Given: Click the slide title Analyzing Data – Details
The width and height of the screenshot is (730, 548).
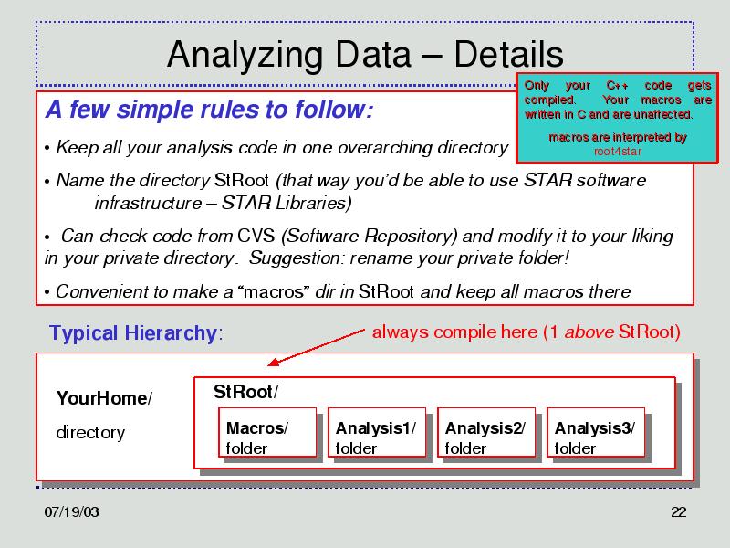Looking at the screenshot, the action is [365, 55].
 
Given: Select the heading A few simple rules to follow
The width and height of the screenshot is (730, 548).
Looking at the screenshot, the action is [209, 110].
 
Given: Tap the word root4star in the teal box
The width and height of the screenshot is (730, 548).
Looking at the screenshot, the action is [618, 152].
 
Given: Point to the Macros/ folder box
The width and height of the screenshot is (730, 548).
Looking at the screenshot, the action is [267, 432].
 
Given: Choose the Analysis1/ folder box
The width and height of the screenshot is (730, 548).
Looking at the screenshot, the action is [377, 432].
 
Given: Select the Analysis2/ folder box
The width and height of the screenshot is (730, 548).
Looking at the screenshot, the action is [486, 432].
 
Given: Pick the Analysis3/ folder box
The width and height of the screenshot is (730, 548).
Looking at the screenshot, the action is [596, 432].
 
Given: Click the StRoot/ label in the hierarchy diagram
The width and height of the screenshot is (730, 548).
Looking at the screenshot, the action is [245, 392].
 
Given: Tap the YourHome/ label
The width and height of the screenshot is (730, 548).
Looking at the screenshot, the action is [104, 398].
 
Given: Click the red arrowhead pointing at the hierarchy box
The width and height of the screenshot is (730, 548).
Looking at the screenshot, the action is [273, 362].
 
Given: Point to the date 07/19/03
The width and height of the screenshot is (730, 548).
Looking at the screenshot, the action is [72, 511].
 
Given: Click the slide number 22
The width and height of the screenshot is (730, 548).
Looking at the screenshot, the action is [678, 511].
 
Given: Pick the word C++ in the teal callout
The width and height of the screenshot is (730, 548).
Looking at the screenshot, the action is [618, 86].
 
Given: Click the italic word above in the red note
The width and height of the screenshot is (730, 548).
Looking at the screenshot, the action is [589, 332].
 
